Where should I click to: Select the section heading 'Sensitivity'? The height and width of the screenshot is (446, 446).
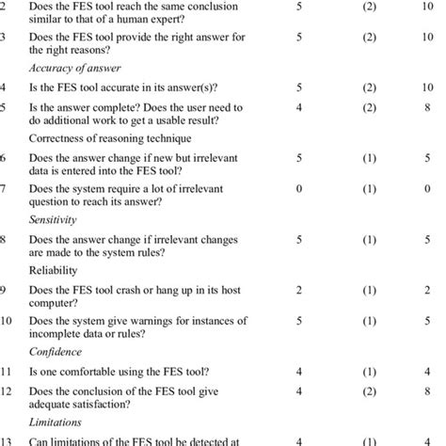coord(55,217)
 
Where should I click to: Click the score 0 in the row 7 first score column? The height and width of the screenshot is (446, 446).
coord(298,187)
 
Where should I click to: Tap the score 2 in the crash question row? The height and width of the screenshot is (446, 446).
coord(298,291)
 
